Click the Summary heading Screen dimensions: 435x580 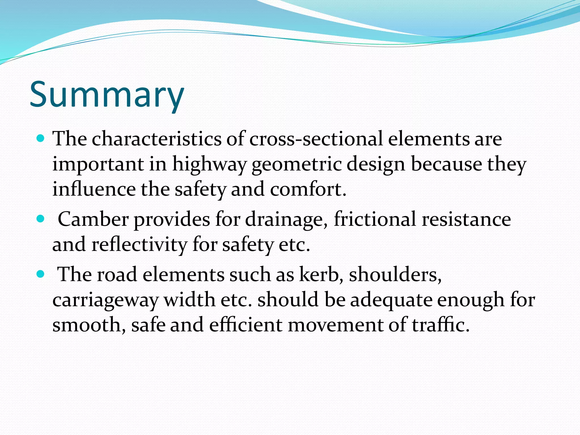pyautogui.click(x=107, y=95)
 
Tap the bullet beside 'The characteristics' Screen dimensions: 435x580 pyautogui.click(x=41, y=139)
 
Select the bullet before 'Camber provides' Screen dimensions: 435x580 pyautogui.click(x=41, y=219)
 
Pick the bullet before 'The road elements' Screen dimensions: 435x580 pyautogui.click(x=41, y=274)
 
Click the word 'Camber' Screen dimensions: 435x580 pyautogui.click(x=93, y=219)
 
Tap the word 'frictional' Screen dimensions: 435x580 pyautogui.click(x=375, y=219)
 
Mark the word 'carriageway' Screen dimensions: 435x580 pyautogui.click(x=105, y=300)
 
